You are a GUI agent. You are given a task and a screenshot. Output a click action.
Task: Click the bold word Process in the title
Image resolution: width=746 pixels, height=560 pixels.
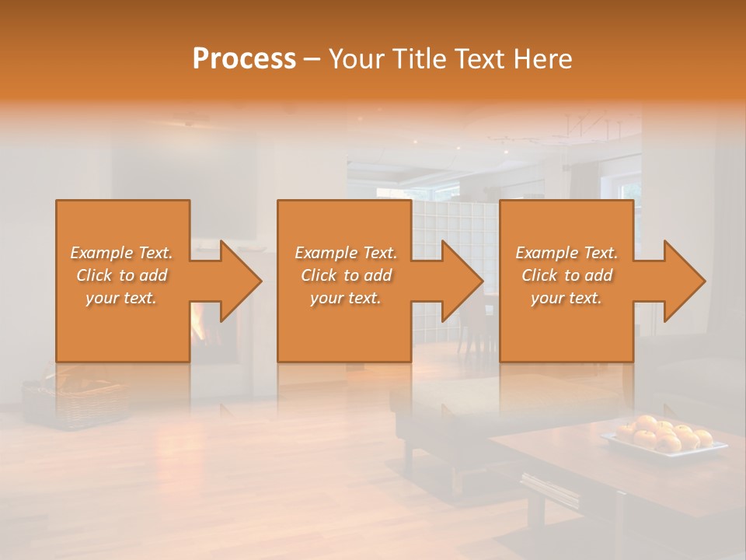(244, 59)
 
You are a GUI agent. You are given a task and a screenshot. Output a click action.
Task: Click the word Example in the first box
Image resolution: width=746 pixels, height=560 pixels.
(101, 253)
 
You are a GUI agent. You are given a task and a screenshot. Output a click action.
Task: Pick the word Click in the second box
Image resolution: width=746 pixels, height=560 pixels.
(317, 275)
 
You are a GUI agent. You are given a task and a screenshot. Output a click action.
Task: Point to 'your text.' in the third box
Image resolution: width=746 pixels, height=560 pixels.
(566, 298)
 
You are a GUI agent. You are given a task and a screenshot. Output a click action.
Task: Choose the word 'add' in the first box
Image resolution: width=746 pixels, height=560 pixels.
(153, 275)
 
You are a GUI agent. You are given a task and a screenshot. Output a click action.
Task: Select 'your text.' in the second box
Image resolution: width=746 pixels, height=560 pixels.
(345, 298)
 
